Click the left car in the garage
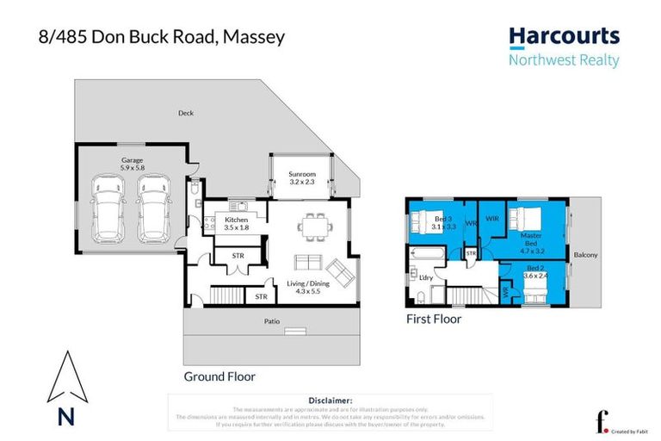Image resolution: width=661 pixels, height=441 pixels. coord(109,209)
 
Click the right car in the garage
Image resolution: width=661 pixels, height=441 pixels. coord(151,209)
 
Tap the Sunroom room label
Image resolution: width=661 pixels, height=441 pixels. coord(300,177)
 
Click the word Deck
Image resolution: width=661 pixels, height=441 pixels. coord(185,113)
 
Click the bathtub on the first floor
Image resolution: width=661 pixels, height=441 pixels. coord(428,256)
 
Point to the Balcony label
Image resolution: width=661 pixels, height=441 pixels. coord(586,255)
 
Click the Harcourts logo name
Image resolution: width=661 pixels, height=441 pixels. coord(564,36)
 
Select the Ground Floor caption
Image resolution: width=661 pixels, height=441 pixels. coord(219,376)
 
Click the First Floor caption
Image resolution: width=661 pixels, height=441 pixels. coord(434,319)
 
